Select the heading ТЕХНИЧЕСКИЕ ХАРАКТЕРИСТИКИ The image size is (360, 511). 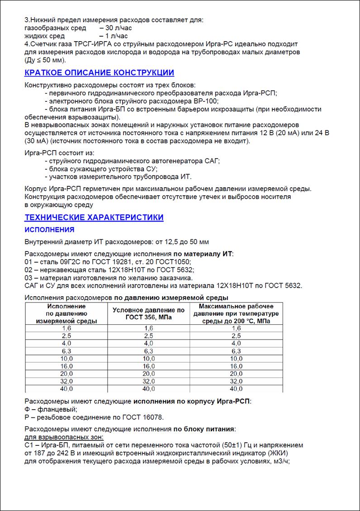94,218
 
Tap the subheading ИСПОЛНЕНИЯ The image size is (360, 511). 49,230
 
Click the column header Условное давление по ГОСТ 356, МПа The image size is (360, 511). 148,313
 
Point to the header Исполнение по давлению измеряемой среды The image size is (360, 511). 66,313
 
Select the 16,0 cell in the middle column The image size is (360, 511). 148,366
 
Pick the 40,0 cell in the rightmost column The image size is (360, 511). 236,389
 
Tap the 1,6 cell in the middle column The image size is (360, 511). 148,328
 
